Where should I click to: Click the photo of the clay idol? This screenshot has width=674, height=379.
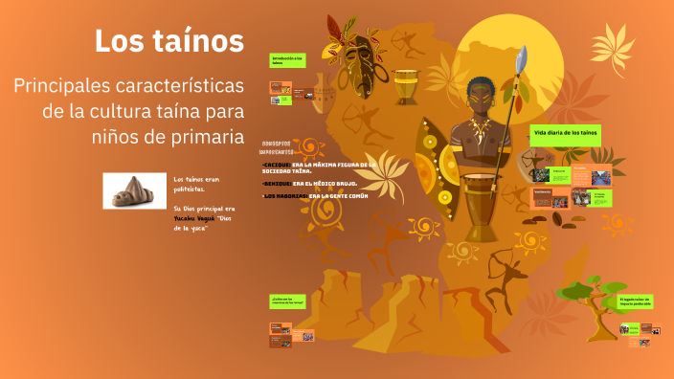pyautogui.click(x=129, y=190)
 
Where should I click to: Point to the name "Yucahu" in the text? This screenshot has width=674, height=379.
pyautogui.click(x=188, y=219)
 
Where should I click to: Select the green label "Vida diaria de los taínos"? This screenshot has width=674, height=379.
pyautogui.click(x=565, y=130)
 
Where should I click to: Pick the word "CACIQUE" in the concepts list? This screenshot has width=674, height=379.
pyautogui.click(x=277, y=165)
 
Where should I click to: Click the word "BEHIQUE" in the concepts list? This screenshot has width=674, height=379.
pyautogui.click(x=277, y=182)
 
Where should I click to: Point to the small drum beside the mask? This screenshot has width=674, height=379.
pyautogui.click(x=406, y=86)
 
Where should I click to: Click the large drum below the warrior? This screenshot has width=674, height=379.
pyautogui.click(x=483, y=206)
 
